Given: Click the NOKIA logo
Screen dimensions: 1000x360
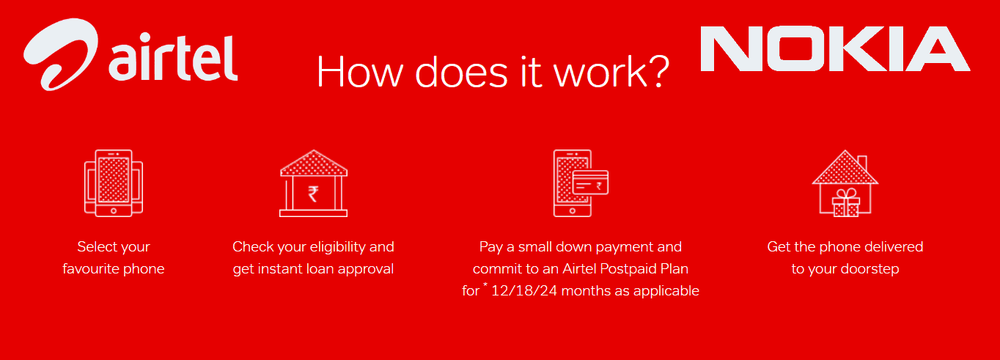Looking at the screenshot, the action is [835, 48].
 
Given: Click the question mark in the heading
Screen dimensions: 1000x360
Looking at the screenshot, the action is [657, 70].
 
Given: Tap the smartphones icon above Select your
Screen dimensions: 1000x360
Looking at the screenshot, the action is [114, 183].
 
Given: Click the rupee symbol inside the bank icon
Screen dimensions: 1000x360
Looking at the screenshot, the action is [313, 194].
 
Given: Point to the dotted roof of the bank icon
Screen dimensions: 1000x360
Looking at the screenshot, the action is [313, 163].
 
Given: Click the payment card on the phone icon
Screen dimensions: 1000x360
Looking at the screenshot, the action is [590, 183].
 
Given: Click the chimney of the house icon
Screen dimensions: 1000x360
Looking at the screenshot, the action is [862, 162].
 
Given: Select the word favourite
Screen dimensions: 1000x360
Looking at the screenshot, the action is [91, 269].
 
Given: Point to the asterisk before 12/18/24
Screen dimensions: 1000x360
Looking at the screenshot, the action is [485, 284].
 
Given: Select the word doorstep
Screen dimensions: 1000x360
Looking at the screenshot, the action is [870, 270].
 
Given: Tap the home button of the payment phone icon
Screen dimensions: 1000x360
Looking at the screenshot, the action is [573, 211].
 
